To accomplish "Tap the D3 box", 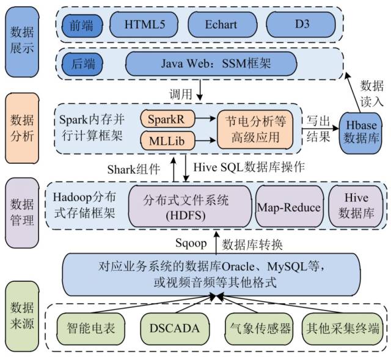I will tap(301, 24).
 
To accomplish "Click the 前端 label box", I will tap(82, 24).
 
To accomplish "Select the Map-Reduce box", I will tap(288, 207).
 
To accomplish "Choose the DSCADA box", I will tap(174, 328).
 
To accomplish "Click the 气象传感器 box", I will tap(259, 328).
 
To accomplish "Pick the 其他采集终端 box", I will tap(343, 328).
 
